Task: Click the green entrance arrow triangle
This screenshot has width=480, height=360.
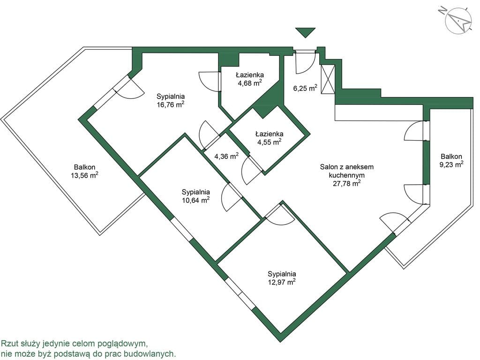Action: click(305, 32)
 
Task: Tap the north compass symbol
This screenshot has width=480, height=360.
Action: click(458, 20)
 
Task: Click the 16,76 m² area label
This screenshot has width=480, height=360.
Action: click(170, 105)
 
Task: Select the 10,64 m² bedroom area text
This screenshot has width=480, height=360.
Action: click(195, 200)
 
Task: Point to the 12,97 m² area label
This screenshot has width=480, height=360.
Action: click(282, 282)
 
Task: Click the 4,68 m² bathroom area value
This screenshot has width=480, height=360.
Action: click(250, 83)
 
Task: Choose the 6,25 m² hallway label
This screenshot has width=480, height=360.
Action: click(305, 88)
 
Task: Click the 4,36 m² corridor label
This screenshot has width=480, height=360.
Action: click(226, 157)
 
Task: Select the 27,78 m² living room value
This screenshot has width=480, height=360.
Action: click(346, 183)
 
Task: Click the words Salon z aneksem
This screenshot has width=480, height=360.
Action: click(347, 167)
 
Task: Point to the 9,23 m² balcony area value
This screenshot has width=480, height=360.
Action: click(451, 165)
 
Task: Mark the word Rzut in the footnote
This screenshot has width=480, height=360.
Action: click(8, 344)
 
